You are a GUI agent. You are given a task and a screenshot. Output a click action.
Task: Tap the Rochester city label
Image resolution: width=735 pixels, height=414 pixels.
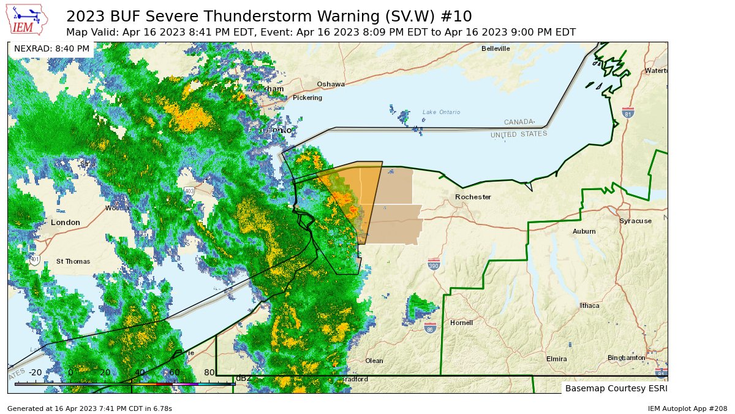click(x=473, y=197)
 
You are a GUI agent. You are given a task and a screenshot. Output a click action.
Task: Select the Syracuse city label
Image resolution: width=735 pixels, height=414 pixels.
click(x=635, y=221)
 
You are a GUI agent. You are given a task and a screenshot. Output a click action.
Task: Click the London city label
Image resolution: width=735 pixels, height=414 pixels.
click(x=66, y=222)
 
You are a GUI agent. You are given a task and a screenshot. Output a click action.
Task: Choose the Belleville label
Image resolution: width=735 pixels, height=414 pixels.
click(x=496, y=48)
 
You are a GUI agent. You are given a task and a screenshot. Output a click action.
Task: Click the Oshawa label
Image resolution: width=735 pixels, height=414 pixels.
click(x=331, y=84)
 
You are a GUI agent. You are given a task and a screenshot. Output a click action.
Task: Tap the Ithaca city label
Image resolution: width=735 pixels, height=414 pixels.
click(x=589, y=305)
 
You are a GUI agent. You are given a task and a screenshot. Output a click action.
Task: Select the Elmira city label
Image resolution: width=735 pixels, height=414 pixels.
click(x=556, y=359)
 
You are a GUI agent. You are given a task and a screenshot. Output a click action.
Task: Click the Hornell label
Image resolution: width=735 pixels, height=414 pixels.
click(x=461, y=323)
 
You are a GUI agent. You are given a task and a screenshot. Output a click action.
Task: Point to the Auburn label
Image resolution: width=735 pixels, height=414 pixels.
click(x=584, y=231)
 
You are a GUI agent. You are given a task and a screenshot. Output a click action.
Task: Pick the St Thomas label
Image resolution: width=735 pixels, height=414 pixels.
click(x=73, y=261)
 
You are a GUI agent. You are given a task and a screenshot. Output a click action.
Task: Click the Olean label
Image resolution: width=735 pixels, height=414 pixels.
click(x=374, y=361)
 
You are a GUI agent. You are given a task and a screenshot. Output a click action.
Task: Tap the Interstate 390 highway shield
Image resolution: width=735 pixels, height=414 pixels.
click(x=434, y=264)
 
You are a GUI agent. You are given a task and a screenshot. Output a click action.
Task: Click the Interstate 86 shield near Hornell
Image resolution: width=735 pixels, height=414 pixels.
click(x=430, y=328)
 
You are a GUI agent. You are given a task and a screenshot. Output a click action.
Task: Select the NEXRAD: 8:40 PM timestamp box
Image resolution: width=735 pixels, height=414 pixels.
click(x=51, y=48)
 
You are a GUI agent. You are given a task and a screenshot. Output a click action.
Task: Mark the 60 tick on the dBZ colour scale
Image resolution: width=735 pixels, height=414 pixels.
click(x=175, y=372)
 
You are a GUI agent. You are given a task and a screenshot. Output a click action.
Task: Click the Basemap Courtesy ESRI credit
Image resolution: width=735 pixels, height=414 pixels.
click(x=614, y=388)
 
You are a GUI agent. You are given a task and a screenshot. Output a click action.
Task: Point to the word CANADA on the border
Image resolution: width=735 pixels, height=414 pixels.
click(x=519, y=122)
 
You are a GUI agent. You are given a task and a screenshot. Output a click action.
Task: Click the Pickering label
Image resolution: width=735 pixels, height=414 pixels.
click(x=307, y=98)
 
